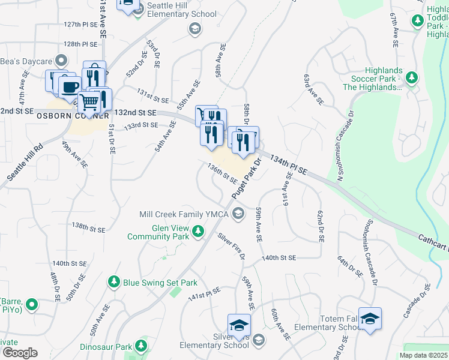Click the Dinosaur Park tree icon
[x=140, y=346]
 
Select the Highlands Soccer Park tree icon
[x=411, y=78]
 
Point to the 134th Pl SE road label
[x=289, y=163]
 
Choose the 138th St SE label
[x=88, y=227]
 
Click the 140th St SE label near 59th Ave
[x=279, y=257]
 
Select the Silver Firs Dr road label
[x=232, y=247]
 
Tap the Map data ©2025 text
[x=423, y=355]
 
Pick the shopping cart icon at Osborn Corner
[x=89, y=103]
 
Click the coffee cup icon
[x=70, y=86]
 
